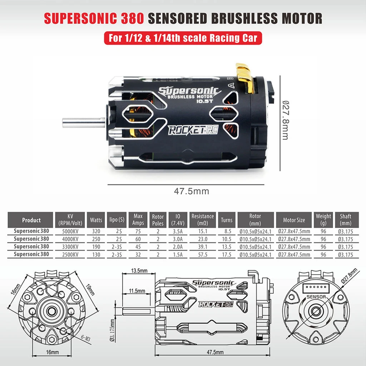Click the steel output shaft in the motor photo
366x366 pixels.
(x=84, y=122)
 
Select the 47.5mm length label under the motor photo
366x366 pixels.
(x=192, y=191)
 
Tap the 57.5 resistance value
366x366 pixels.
(x=203, y=254)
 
